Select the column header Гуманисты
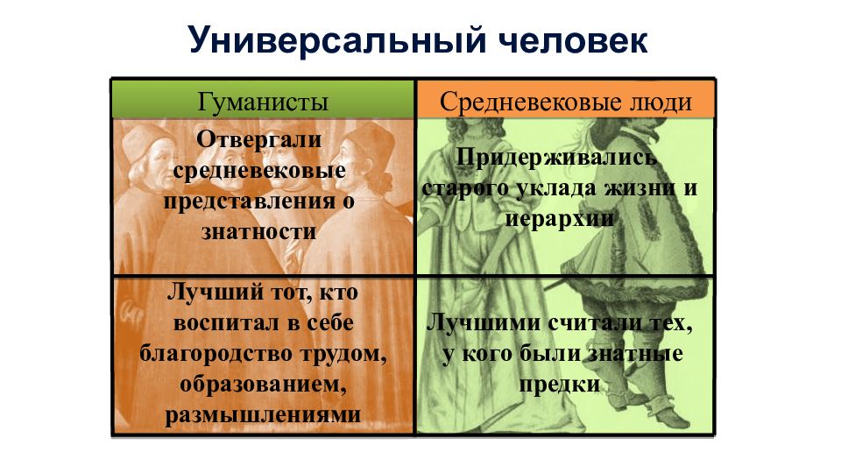[x=264, y=102]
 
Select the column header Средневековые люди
[x=565, y=102]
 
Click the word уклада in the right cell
[x=558, y=187]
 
